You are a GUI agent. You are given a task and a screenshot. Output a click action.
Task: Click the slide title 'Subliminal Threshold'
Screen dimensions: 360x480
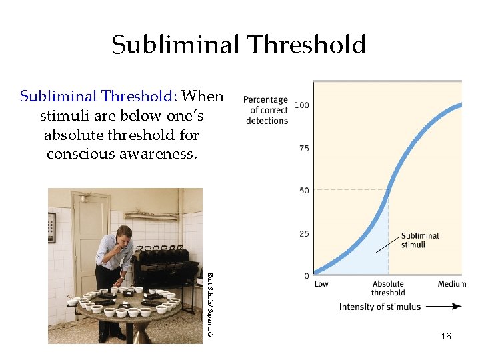(x=239, y=45)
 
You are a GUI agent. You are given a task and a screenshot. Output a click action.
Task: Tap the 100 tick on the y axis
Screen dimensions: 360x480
(x=302, y=106)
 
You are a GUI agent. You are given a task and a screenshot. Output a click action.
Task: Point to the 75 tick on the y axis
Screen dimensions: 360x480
(x=304, y=148)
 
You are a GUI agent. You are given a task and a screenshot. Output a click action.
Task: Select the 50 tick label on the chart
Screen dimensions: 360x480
(x=304, y=191)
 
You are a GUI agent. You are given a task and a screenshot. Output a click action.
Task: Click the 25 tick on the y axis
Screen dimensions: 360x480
(x=304, y=233)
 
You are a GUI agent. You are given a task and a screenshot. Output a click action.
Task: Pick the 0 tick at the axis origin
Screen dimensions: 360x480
(x=306, y=275)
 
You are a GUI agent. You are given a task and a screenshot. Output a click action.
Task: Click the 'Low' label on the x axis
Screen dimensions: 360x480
(x=321, y=285)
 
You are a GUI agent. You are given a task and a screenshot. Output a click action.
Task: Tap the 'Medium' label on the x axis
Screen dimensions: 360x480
(x=452, y=285)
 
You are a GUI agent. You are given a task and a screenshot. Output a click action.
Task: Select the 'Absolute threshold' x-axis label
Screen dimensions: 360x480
(x=388, y=289)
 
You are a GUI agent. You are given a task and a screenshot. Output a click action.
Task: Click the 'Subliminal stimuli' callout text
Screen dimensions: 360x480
(x=420, y=240)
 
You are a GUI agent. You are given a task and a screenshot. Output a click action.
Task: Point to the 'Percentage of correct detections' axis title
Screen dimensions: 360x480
(x=266, y=110)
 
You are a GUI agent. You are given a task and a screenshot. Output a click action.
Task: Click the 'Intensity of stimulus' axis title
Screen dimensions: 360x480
(x=380, y=307)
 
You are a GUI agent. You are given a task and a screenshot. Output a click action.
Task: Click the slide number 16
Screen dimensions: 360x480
(x=446, y=336)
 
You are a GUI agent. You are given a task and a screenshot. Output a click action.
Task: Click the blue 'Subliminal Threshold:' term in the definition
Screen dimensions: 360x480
(x=99, y=96)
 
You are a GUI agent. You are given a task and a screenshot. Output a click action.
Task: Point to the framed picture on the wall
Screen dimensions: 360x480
(x=52, y=227)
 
